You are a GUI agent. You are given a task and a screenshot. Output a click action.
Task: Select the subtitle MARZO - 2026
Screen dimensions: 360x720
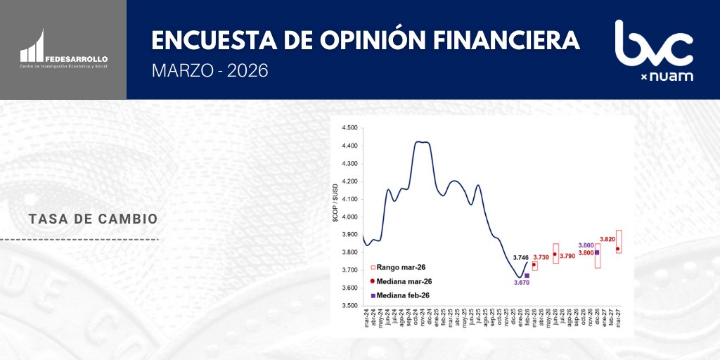pos(210,71)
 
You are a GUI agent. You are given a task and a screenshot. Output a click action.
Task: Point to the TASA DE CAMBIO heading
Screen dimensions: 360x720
pos(94,219)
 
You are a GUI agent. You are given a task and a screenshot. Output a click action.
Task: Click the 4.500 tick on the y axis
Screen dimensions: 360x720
pos(349,128)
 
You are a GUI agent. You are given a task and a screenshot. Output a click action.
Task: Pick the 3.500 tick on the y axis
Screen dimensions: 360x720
pos(349,306)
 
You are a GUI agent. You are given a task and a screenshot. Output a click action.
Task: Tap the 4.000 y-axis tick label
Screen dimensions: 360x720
pos(349,217)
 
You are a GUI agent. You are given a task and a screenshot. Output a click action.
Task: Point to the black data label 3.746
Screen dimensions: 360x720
pos(521,257)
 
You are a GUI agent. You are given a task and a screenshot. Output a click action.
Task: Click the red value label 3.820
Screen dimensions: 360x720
pos(608,239)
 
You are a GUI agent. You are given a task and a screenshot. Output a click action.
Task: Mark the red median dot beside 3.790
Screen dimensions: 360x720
pos(555,255)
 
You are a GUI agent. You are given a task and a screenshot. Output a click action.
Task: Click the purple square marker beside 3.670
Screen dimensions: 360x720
pos(527,276)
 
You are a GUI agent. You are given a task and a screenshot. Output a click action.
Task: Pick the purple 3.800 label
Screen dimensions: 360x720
pos(586,245)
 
